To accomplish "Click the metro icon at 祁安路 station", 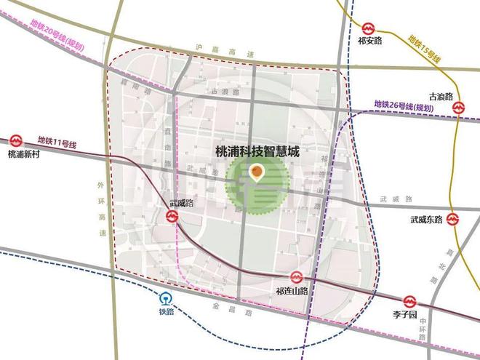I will [x=367, y=28].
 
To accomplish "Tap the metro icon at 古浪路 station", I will [x=459, y=107].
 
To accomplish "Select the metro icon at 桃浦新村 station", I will [x=17, y=138].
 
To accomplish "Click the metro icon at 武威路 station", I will [x=172, y=216].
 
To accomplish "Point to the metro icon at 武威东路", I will [x=453, y=218].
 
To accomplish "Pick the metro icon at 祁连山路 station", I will [x=296, y=277].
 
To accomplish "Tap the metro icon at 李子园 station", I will [x=410, y=300].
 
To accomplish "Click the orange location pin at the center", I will [x=256, y=173].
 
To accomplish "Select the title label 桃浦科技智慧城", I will [x=257, y=153].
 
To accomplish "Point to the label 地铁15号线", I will [x=425, y=47].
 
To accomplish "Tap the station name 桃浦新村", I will [x=23, y=154].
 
